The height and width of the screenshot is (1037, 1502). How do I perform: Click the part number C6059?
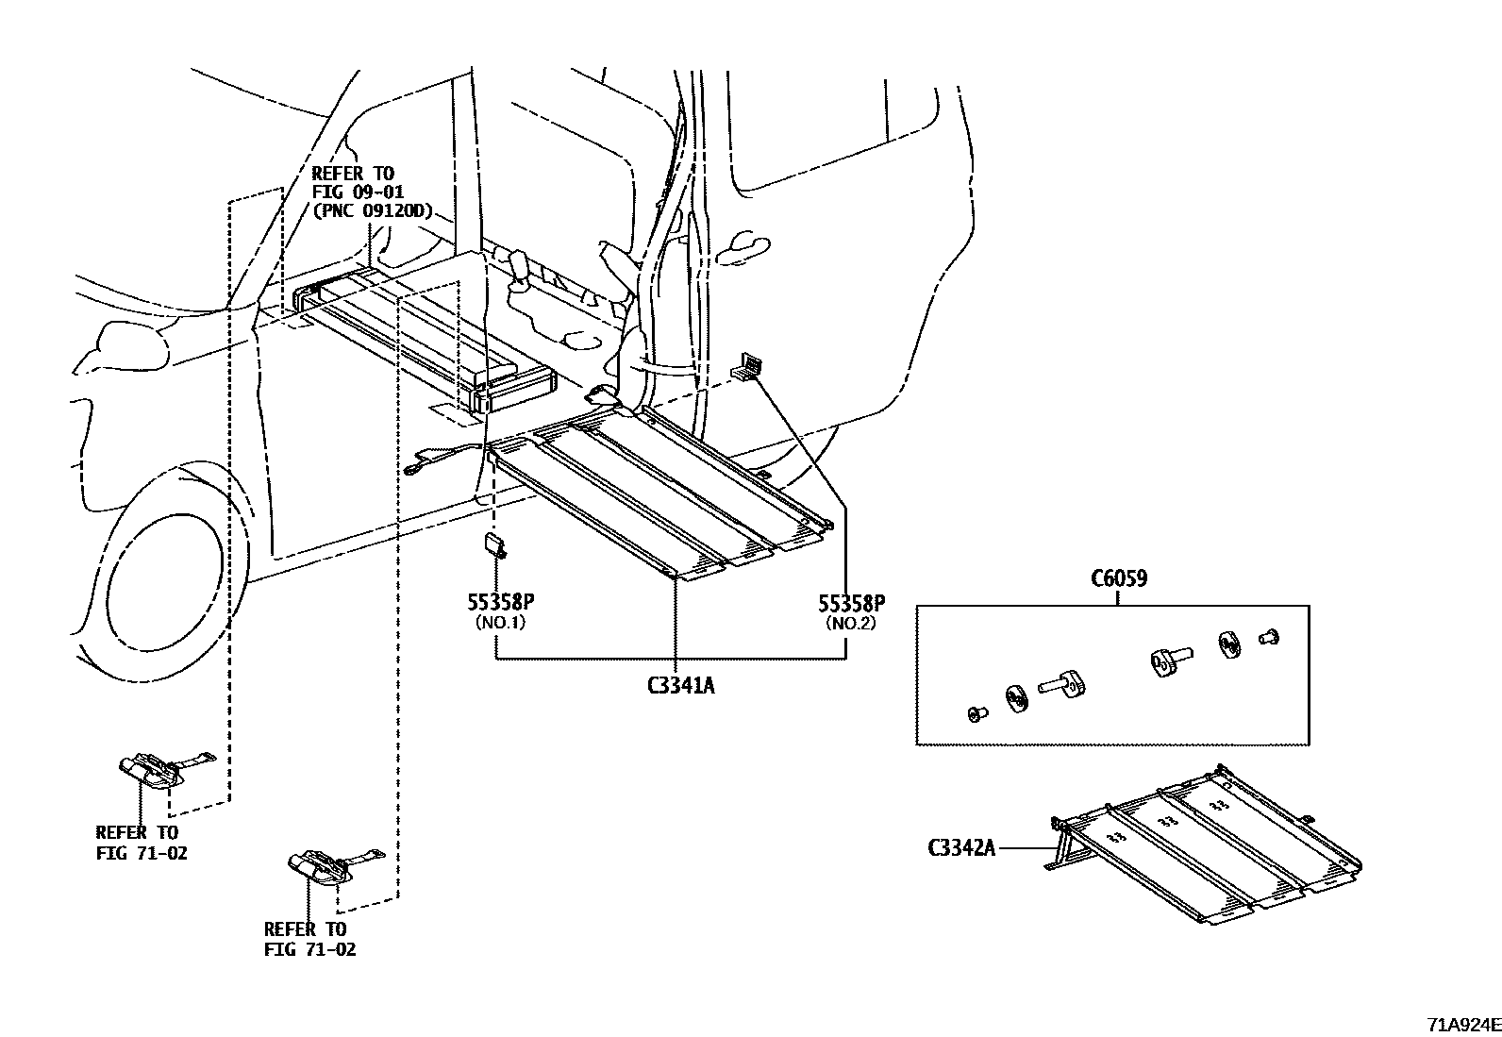coord(1119,578)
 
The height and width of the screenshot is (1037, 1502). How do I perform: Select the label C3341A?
coord(680,686)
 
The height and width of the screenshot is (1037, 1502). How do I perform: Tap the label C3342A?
coord(961,847)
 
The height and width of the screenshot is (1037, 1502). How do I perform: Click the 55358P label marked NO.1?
coord(495,603)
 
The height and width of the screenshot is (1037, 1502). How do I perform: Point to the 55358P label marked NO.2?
coord(851,603)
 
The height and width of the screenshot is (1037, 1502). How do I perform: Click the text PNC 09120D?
coord(372,210)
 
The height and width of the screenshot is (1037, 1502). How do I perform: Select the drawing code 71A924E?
coord(1462,1024)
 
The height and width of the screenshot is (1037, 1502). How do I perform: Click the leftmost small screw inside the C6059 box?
coord(976,714)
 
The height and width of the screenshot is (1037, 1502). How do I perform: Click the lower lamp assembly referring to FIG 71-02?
coord(319,865)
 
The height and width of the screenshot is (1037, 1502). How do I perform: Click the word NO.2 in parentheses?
coord(851,623)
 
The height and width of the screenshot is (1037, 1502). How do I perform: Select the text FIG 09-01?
coord(358,192)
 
